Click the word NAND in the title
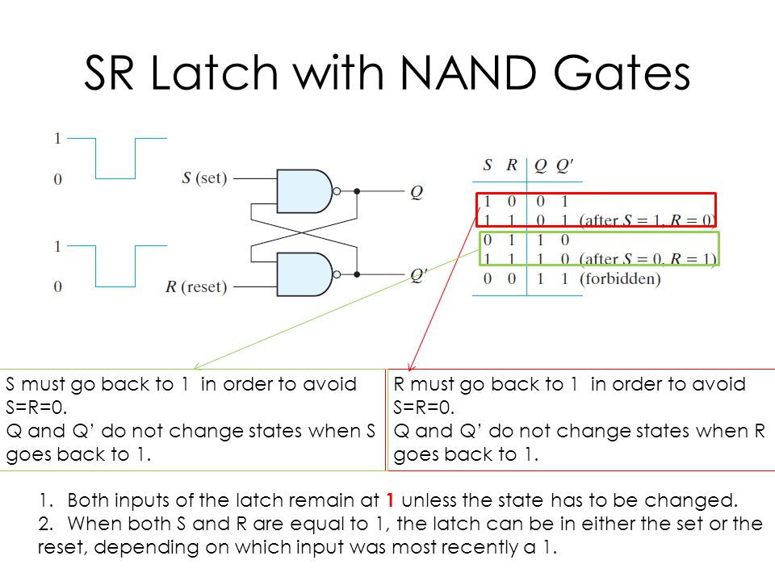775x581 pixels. (x=467, y=73)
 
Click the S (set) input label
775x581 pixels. (x=204, y=178)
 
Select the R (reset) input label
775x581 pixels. (x=196, y=286)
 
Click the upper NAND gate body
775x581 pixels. (x=304, y=191)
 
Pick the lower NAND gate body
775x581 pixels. (x=304, y=274)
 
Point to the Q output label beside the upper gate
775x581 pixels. (x=417, y=192)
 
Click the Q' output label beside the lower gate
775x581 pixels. (x=419, y=274)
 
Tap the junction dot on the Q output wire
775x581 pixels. (x=357, y=191)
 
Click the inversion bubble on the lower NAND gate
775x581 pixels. (x=337, y=274)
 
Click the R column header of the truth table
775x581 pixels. (x=512, y=165)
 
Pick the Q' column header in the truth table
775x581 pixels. (x=564, y=165)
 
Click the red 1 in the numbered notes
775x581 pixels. (x=390, y=500)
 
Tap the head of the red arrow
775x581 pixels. (x=410, y=368)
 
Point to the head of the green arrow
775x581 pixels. (x=196, y=367)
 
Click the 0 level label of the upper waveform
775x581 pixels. (x=58, y=179)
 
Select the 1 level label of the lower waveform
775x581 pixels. (x=58, y=246)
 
